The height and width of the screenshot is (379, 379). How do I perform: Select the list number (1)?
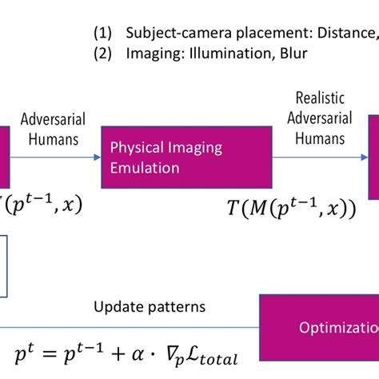(103, 33)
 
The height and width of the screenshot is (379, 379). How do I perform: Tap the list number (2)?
(103, 54)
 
